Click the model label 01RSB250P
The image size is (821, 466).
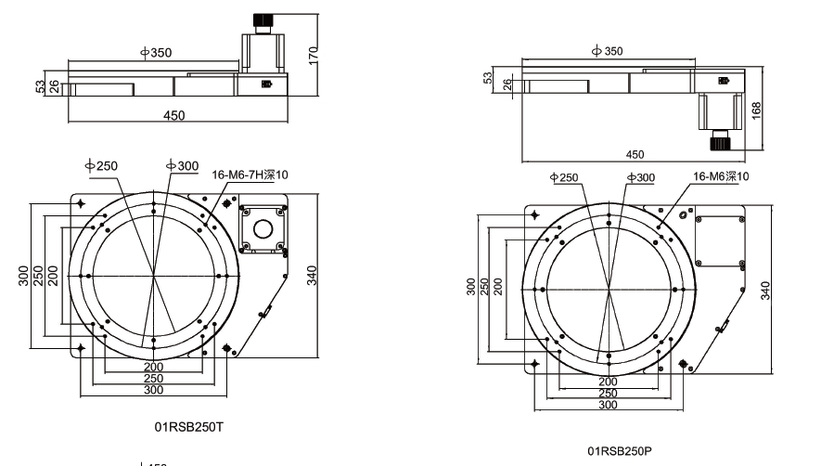pos(621,450)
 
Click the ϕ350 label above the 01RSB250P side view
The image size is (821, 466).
pos(608,51)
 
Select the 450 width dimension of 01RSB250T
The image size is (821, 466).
pos(173,115)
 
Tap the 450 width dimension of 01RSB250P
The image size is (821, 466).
pos(635,154)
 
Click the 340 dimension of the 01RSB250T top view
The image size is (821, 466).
pos(313,275)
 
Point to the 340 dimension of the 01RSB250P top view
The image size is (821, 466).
pos(765,291)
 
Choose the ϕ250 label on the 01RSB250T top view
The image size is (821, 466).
pos(102,165)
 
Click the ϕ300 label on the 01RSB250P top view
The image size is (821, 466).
pos(640,176)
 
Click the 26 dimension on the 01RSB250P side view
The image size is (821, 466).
pos(507,85)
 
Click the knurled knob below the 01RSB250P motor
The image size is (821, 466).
pos(721,143)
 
